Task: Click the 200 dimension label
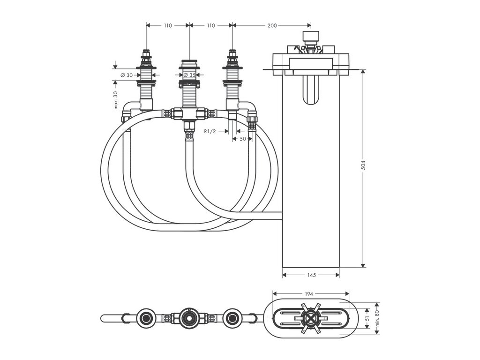point(272,26)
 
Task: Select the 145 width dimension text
point(311,275)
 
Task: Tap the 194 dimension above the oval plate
point(309,294)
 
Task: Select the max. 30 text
point(115,100)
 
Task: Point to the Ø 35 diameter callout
point(189,75)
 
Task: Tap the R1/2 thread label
point(210,132)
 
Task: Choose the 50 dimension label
point(243,139)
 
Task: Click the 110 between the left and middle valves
point(167,26)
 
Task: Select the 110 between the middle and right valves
point(210,26)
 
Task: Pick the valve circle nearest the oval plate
point(232,318)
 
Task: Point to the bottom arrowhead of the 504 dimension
point(363,265)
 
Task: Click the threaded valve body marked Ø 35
point(189,94)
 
